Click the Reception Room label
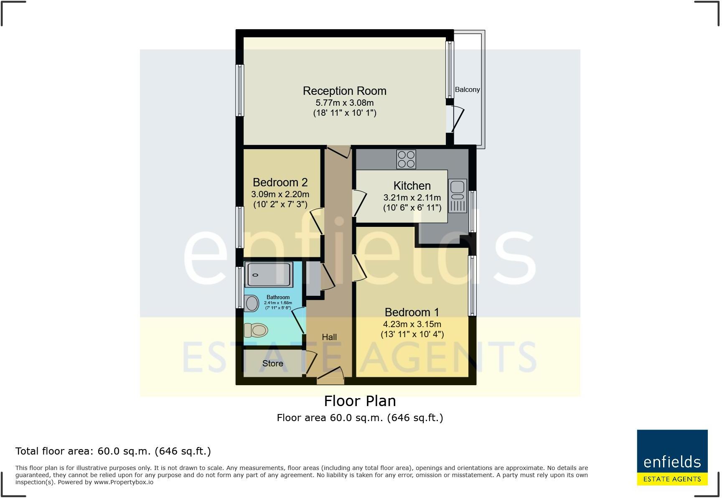[x=344, y=91]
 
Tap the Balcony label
[x=467, y=89]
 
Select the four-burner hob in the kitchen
[x=406, y=159]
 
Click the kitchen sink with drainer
[x=458, y=196]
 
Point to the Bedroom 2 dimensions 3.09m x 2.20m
[x=280, y=194]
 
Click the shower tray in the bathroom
[x=268, y=274]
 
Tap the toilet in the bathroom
[x=255, y=330]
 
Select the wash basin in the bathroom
[x=252, y=303]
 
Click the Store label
[x=272, y=363]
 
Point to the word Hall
[x=329, y=337]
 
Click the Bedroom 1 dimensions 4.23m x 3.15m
[x=412, y=324]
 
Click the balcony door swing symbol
[x=457, y=119]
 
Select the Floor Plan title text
[x=360, y=401]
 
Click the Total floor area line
[x=113, y=451]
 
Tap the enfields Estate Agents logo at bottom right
[x=672, y=457]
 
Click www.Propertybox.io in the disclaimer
[x=123, y=482]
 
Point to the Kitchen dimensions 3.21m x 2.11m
[x=412, y=198]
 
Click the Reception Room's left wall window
[x=239, y=90]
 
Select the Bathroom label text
[x=278, y=297]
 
